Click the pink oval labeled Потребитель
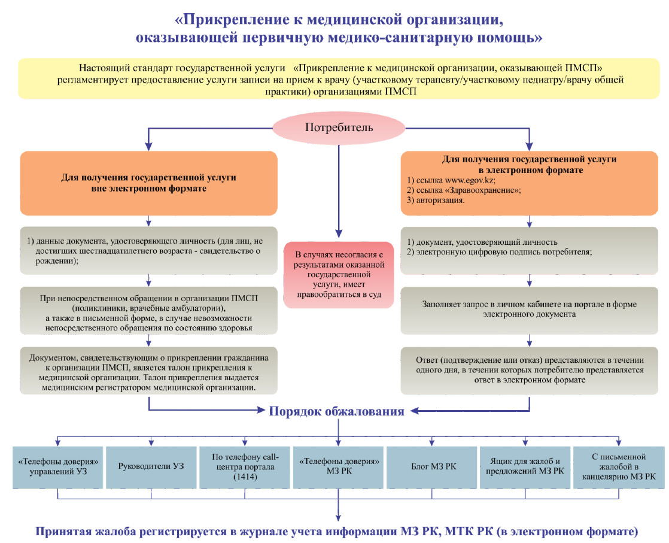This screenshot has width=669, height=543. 339,127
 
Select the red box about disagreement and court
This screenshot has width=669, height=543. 339,274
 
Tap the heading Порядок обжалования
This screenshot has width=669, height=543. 337,411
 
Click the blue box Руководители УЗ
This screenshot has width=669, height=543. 151,466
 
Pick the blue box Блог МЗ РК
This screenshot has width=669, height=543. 432,466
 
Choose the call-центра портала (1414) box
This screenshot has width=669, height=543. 245,466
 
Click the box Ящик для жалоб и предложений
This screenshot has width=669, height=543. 525,466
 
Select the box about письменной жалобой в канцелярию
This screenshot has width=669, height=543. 619,466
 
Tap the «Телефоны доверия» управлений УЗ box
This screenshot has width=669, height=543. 57,466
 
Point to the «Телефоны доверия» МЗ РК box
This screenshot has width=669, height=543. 338,466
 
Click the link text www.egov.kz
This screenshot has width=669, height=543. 470,180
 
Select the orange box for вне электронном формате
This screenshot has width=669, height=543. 148,183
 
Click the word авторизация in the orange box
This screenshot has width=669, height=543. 440,200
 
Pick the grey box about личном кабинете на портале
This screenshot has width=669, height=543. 529,310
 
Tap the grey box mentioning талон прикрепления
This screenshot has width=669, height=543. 148,371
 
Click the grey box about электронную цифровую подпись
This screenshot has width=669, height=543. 529,251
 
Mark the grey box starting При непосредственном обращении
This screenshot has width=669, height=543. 148,310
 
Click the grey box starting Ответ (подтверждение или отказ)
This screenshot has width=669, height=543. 529,371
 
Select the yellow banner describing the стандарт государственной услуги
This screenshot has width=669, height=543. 339,79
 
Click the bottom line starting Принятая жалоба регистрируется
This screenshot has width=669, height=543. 337,532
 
